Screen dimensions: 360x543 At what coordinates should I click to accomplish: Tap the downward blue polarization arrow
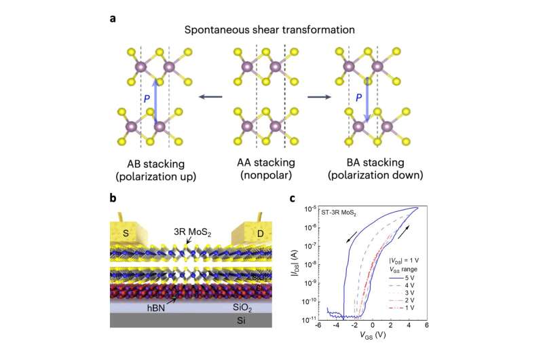tap(367, 101)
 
